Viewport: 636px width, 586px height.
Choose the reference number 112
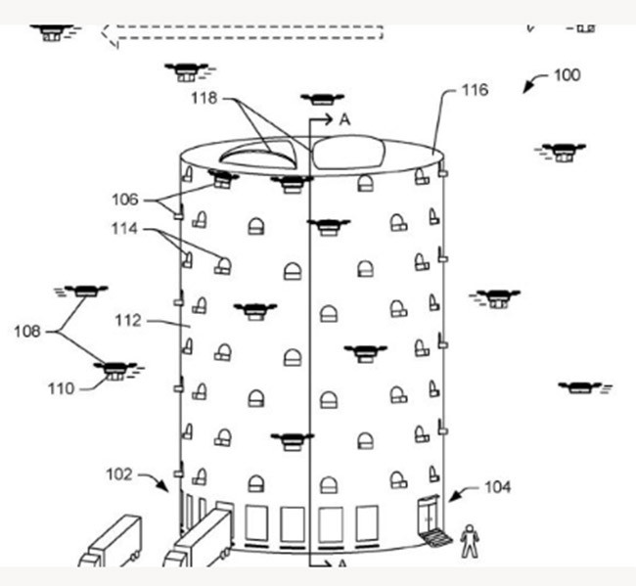[129, 320]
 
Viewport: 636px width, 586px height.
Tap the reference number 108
[27, 332]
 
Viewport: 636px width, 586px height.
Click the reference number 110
[61, 388]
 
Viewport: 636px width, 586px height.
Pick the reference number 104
[496, 486]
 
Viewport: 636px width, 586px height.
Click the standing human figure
[471, 539]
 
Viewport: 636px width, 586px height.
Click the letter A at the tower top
[344, 119]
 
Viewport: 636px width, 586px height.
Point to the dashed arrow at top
[245, 32]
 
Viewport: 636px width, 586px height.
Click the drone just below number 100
[562, 151]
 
